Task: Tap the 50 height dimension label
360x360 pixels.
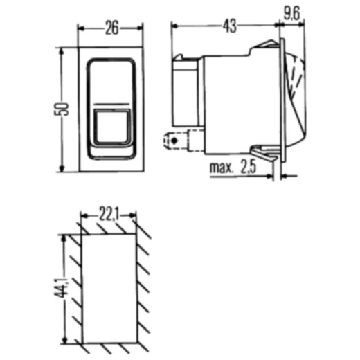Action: [x=62, y=109]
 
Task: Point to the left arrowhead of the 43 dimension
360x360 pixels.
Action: [x=174, y=26]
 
